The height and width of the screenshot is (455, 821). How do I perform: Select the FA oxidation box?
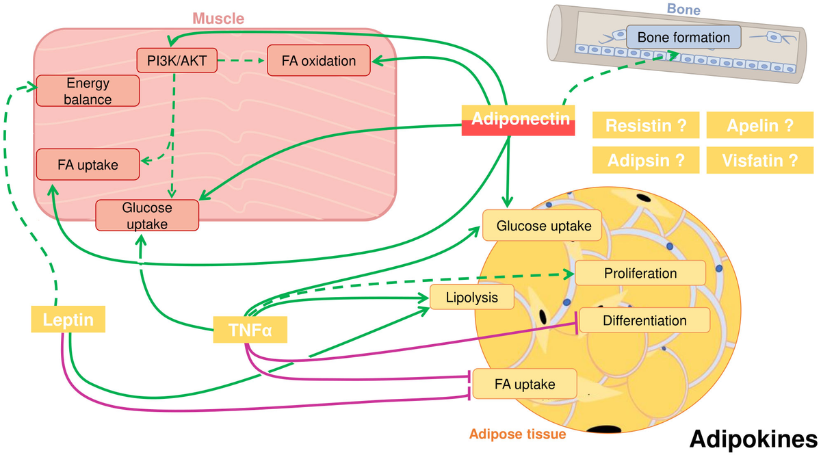319,61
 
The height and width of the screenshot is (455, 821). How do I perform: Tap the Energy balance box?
88,91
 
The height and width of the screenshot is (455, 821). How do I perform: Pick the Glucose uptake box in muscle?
147,215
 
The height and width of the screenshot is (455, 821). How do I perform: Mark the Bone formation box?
683,37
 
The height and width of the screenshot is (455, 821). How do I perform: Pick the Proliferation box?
640,273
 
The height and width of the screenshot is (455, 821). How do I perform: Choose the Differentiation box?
644,320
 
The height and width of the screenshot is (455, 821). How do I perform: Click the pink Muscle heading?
218,17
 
